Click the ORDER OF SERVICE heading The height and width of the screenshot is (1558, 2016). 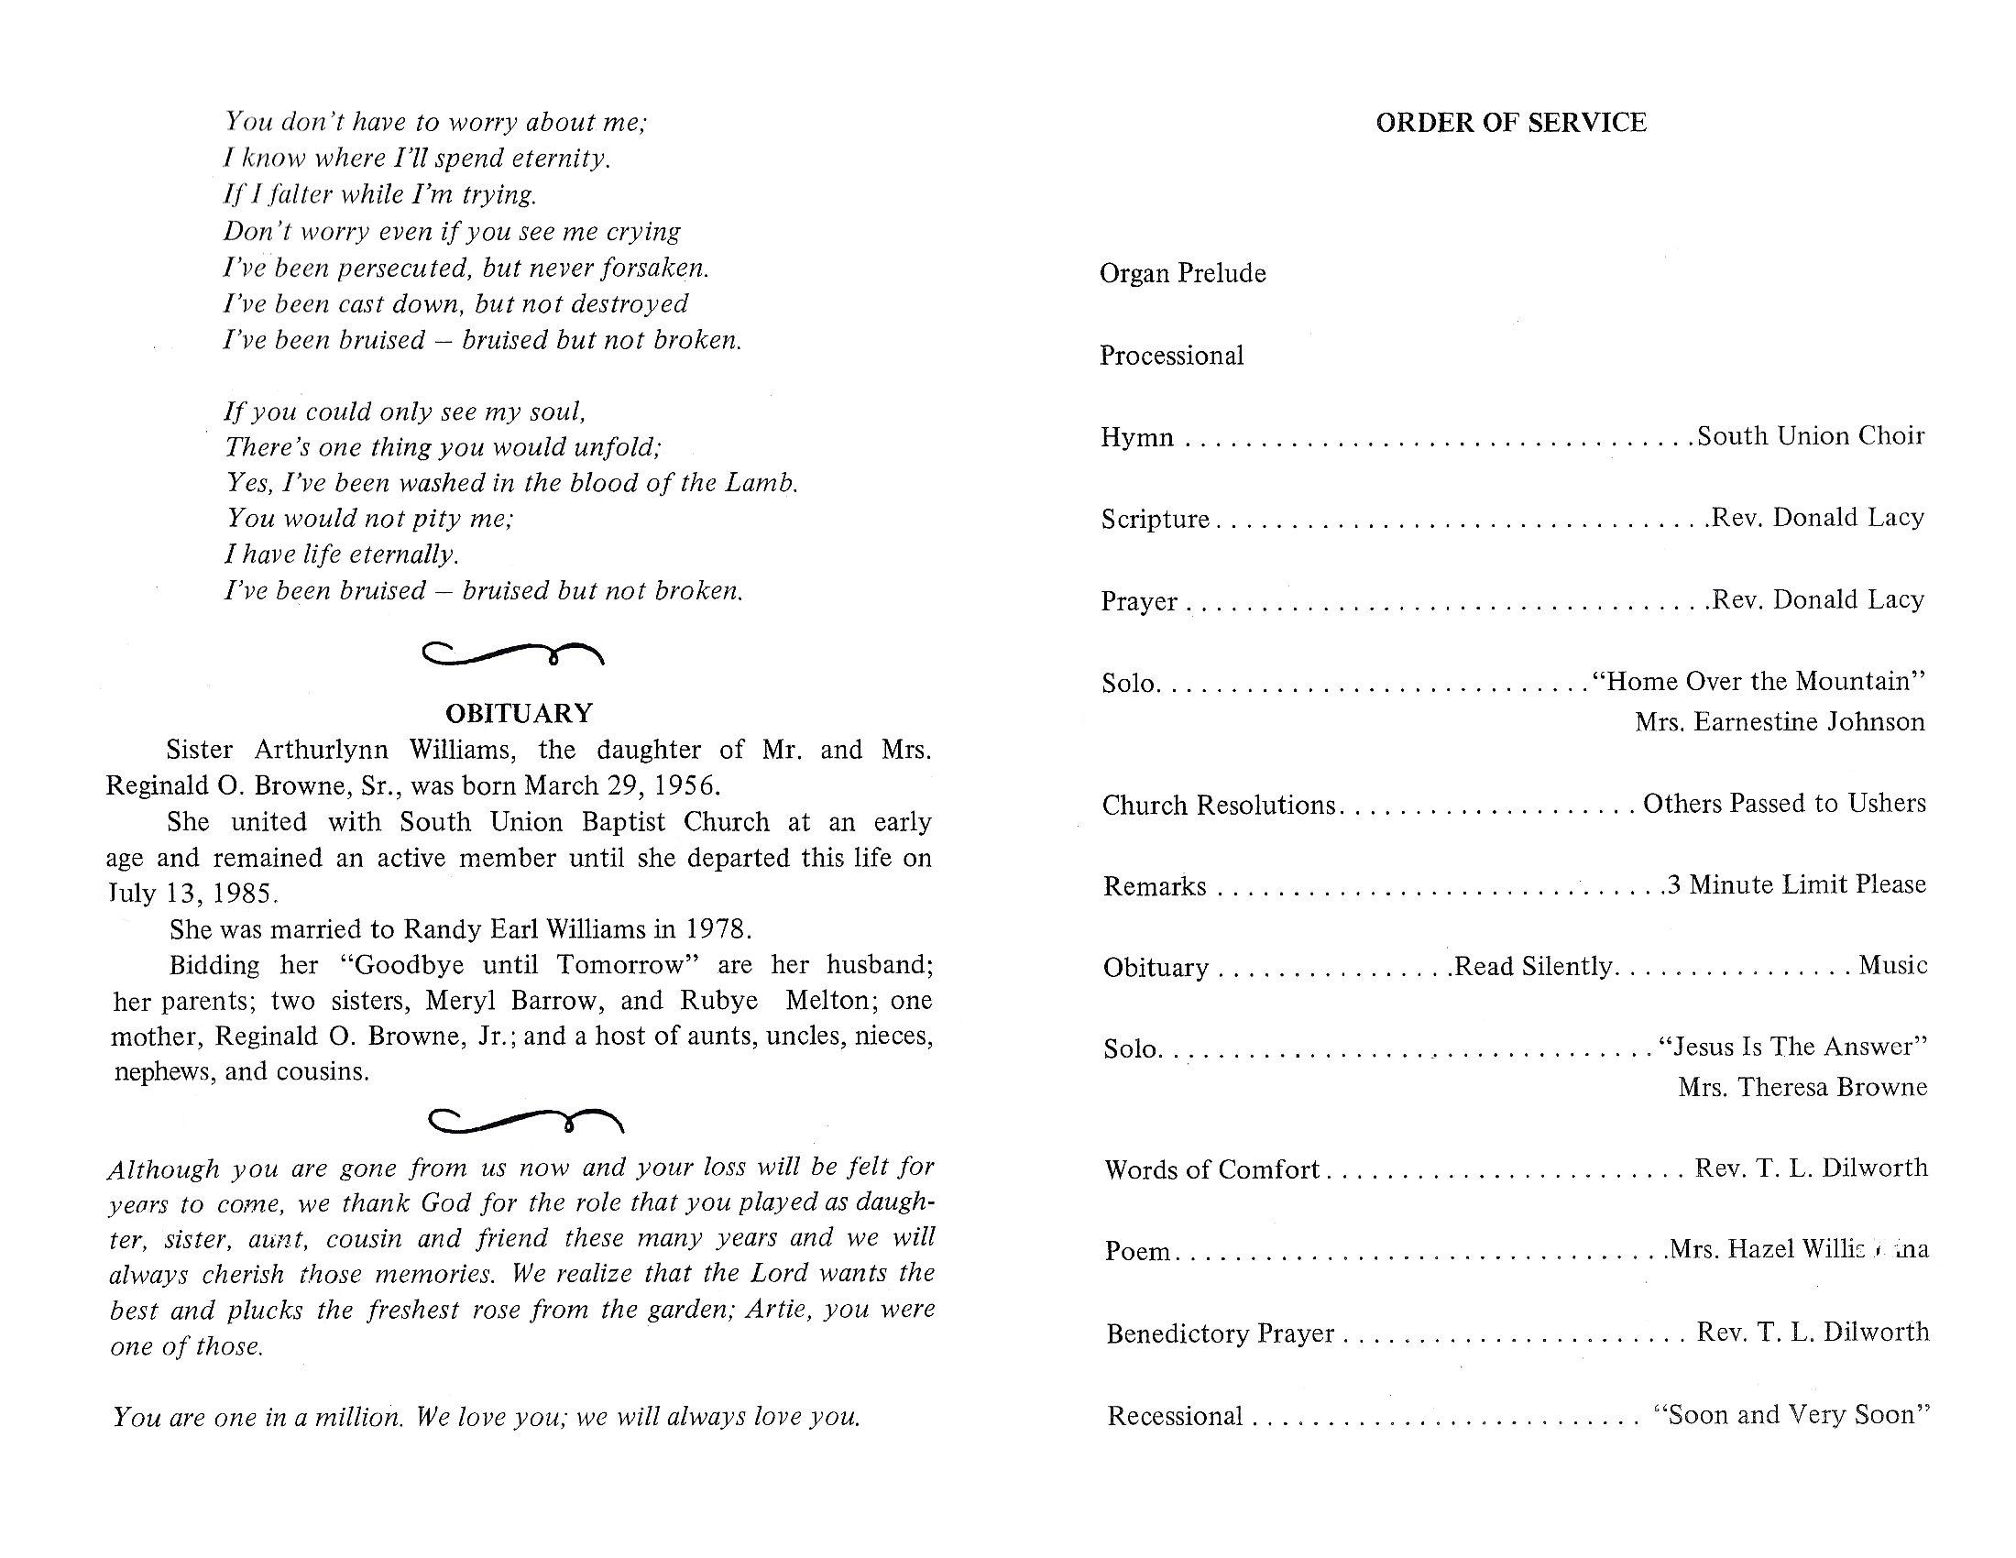(1510, 123)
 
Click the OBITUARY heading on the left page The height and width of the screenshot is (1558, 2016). (519, 712)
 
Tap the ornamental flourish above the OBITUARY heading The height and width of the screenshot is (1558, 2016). (513, 653)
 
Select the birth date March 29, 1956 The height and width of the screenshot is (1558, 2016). (621, 785)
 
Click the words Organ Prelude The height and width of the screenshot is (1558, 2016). (1182, 273)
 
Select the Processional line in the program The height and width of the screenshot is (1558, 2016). (1171, 356)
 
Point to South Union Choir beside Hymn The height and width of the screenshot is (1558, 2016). (1810, 435)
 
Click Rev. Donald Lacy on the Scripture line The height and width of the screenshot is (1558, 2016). (1816, 517)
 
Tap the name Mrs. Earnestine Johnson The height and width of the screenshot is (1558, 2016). (1780, 721)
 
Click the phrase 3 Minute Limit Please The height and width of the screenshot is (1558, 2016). (1796, 884)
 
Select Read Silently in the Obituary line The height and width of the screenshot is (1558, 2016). (1533, 965)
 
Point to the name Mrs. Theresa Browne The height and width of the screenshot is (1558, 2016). (1802, 1086)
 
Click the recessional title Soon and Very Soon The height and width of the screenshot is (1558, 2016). (1791, 1415)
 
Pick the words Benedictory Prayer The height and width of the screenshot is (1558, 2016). (1221, 1333)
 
